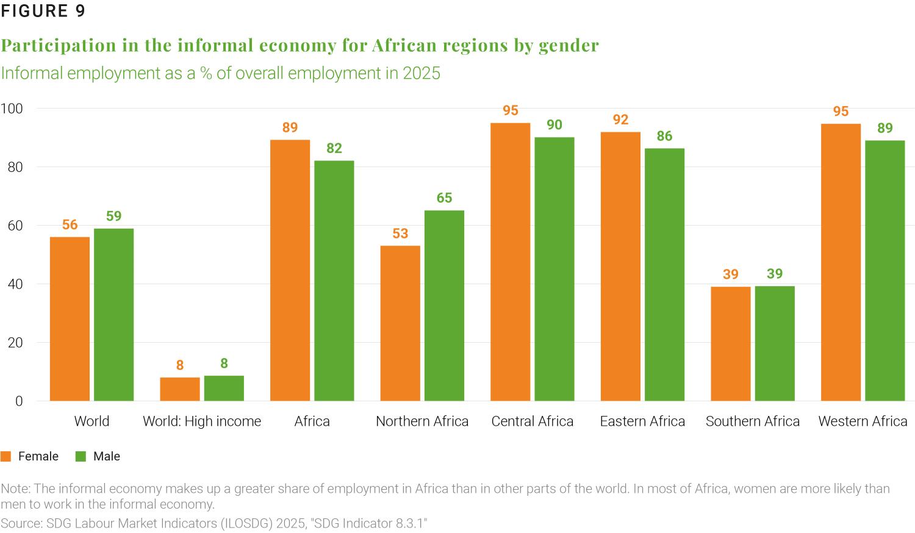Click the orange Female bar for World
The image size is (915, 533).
70,318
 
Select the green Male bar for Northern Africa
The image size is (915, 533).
444,305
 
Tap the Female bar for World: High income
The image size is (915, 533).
180,389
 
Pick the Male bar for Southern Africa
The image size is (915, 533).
775,343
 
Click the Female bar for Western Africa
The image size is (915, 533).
841,262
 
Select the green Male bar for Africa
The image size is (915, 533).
334,281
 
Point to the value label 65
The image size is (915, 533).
444,198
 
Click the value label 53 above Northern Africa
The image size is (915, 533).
400,234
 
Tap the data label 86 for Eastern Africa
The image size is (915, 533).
664,136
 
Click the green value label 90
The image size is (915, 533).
554,125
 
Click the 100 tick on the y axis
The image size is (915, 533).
11,109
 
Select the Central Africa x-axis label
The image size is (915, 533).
533,421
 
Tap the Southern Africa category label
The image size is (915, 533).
753,421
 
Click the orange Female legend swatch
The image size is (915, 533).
6,457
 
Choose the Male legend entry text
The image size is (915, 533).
107,457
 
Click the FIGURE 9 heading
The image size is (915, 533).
43,11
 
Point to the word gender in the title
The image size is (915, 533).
569,45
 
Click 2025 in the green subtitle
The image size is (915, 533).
421,73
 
